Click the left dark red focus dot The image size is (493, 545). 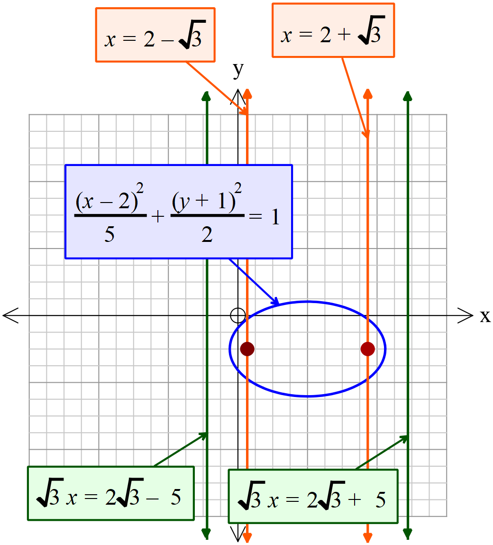(x=247, y=349)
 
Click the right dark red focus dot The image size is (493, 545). (x=368, y=349)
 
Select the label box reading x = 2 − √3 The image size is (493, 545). (x=155, y=35)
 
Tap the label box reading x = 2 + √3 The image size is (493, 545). (x=333, y=31)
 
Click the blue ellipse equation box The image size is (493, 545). (x=178, y=212)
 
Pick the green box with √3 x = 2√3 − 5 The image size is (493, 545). (x=110, y=494)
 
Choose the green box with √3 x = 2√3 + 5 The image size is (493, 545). (x=313, y=496)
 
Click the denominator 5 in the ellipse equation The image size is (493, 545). (x=110, y=234)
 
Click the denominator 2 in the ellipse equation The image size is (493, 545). (x=207, y=234)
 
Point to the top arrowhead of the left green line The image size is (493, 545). (x=206, y=95)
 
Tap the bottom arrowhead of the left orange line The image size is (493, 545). (x=247, y=536)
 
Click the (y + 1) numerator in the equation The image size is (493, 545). (x=204, y=202)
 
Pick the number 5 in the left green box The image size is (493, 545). (x=175, y=497)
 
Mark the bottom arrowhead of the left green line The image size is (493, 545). (x=206, y=534)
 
